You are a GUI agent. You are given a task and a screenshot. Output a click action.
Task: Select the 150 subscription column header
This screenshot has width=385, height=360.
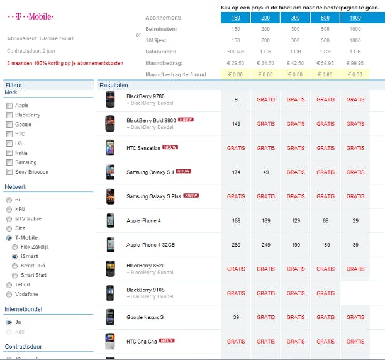[x=236, y=18]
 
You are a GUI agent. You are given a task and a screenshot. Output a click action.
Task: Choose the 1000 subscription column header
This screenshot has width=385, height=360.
[x=355, y=18]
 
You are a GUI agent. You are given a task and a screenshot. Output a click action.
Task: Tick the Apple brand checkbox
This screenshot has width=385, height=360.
[x=9, y=106]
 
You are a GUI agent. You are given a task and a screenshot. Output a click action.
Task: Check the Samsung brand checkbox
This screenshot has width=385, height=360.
[x=9, y=162]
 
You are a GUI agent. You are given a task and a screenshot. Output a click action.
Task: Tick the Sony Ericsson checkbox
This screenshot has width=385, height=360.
[x=9, y=172]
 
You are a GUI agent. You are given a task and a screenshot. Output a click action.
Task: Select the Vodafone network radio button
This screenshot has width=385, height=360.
[x=9, y=294]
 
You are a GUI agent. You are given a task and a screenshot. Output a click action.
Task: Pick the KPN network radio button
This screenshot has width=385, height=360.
[x=9, y=209]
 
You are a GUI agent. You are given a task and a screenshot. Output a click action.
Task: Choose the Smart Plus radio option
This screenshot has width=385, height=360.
[x=15, y=266]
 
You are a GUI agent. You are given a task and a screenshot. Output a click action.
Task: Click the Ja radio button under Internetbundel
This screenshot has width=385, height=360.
[x=9, y=322]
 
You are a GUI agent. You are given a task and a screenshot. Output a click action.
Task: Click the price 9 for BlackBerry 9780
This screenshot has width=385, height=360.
[x=236, y=99]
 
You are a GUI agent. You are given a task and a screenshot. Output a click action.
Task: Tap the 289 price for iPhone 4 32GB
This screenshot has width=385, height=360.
[x=236, y=245]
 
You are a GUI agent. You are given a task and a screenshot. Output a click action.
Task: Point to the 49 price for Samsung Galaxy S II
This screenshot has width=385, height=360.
[x=265, y=172]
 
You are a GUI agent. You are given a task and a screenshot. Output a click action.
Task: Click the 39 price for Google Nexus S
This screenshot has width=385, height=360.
[x=236, y=317]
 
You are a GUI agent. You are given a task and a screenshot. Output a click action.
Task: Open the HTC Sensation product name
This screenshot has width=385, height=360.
[x=143, y=148]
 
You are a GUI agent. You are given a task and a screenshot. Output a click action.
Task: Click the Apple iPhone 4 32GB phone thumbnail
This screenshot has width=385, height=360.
[x=111, y=245]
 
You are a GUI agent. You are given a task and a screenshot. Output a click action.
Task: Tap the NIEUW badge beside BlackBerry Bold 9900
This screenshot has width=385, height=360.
[x=186, y=120]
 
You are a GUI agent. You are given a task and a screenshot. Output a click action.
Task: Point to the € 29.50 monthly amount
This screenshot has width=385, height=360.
[x=236, y=63]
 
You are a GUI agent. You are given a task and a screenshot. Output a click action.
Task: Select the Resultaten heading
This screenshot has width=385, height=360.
[x=114, y=85]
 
